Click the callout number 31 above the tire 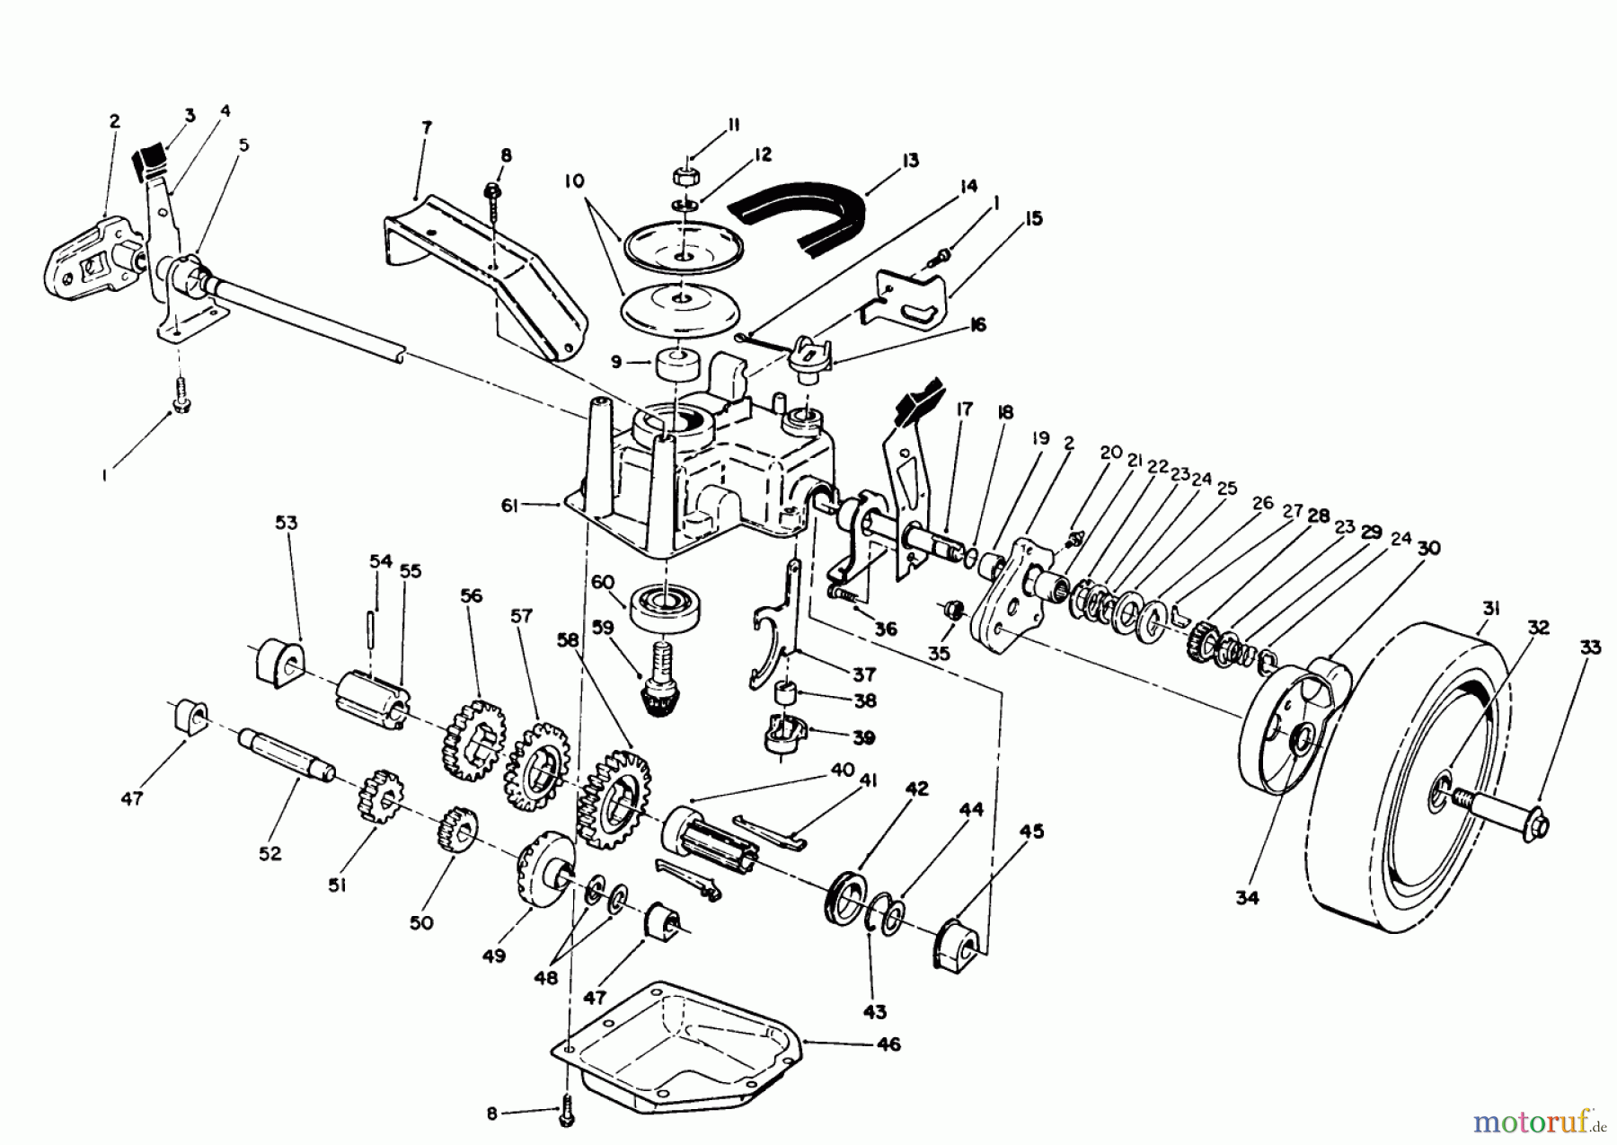pyautogui.click(x=1490, y=608)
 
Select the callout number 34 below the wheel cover pyautogui.click(x=1247, y=895)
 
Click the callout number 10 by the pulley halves pyautogui.click(x=574, y=181)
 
